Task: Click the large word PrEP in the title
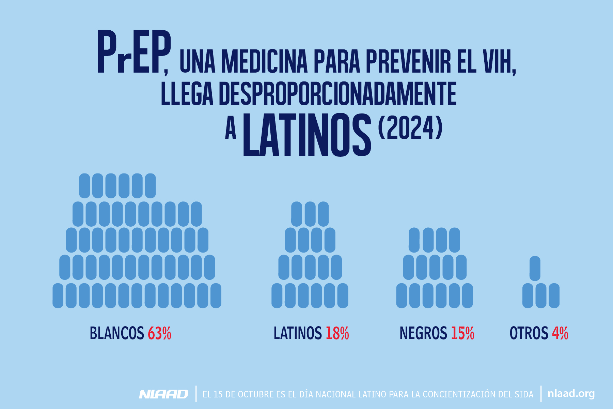click(x=133, y=53)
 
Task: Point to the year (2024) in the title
click(x=410, y=128)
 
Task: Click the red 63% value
click(x=159, y=333)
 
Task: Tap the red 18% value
click(x=337, y=333)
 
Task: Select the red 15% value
click(x=462, y=333)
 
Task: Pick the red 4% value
click(x=560, y=333)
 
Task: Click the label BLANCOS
click(x=117, y=333)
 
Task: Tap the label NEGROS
click(x=423, y=333)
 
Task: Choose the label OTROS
click(x=529, y=333)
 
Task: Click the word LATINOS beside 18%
click(x=298, y=333)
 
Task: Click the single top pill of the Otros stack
click(x=535, y=269)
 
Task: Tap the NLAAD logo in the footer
click(x=163, y=394)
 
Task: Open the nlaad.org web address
click(x=571, y=394)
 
